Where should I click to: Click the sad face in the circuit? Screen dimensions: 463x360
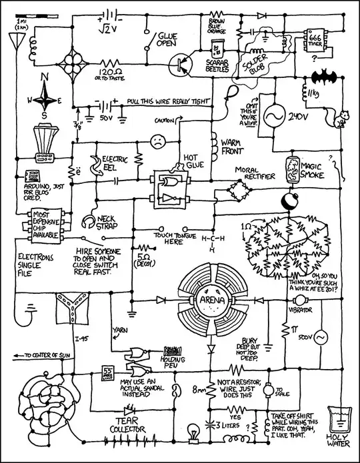pyautogui.click(x=157, y=142)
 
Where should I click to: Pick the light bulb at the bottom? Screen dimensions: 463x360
pyautogui.click(x=195, y=430)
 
